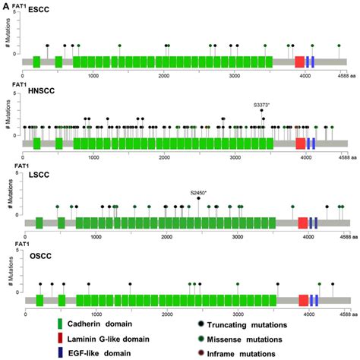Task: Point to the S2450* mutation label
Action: point(199,193)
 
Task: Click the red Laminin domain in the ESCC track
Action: point(300,62)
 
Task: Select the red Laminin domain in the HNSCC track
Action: point(300,143)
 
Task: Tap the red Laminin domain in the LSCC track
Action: point(303,223)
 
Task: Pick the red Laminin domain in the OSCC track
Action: point(303,301)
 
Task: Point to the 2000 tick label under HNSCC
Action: point(164,156)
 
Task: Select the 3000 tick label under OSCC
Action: point(238,314)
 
